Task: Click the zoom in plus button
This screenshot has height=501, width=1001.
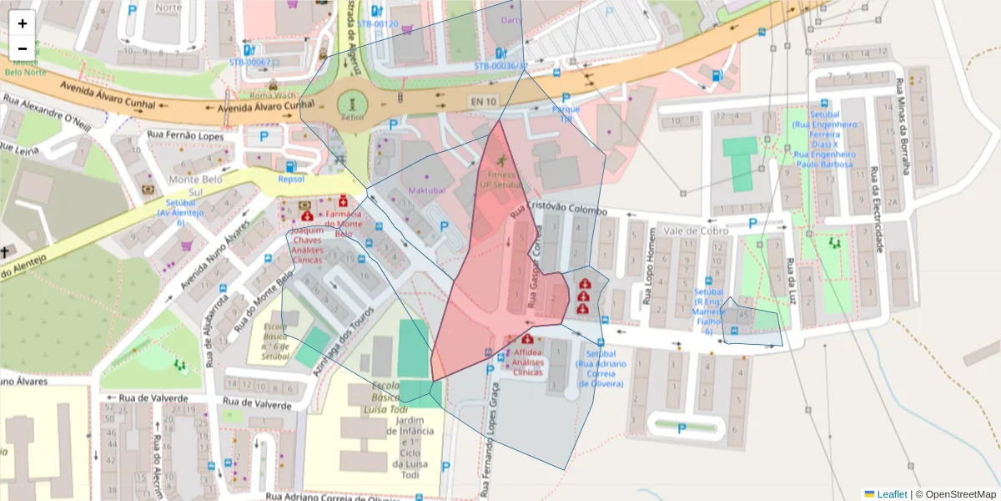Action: pos(23,23)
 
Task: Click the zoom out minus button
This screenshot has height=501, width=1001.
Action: pos(23,48)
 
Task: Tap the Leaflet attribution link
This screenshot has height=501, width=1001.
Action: pos(891,494)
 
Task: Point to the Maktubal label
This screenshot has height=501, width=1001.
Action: pos(427,190)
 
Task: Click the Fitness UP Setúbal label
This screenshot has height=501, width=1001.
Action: pos(502,180)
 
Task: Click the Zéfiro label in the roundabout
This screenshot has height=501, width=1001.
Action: pos(352,119)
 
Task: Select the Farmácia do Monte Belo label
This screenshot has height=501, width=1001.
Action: pos(343,224)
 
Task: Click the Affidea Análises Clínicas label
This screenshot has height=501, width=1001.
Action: pos(527,362)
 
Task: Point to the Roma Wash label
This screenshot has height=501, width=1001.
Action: pos(274,96)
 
